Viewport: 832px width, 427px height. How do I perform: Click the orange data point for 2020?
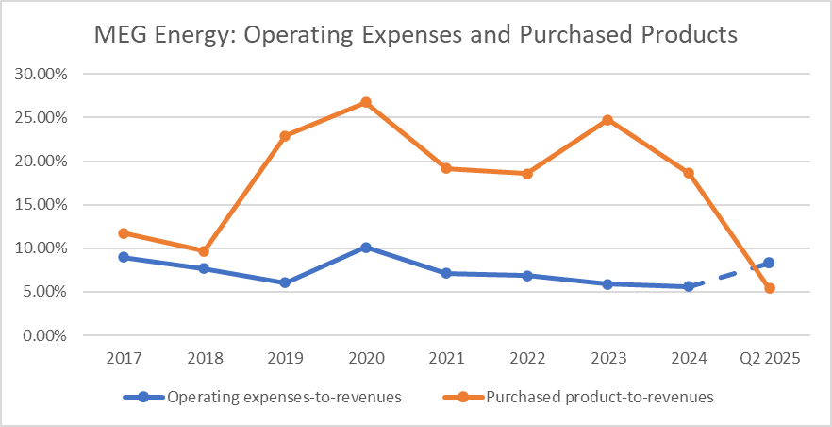[x=365, y=102]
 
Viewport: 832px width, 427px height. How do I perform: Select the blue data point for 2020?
[x=365, y=248]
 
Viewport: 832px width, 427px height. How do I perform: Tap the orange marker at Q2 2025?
[x=769, y=288]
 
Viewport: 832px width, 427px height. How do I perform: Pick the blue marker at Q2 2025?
[x=769, y=263]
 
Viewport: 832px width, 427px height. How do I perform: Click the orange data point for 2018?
[x=204, y=251]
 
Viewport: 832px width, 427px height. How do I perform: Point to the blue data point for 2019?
[x=285, y=282]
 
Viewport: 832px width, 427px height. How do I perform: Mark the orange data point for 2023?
[x=607, y=120]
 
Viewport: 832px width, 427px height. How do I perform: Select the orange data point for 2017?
[x=124, y=233]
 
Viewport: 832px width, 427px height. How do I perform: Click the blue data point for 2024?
[x=689, y=286]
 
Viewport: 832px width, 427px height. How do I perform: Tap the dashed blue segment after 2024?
[x=728, y=275]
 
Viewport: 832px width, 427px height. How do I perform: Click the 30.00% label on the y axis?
[x=41, y=74]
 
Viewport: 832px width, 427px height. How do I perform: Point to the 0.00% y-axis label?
[x=43, y=335]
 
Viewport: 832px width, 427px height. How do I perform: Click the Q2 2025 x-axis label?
[x=769, y=360]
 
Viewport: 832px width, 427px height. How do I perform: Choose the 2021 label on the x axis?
[x=446, y=360]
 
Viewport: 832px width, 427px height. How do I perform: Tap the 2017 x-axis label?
[x=124, y=360]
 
